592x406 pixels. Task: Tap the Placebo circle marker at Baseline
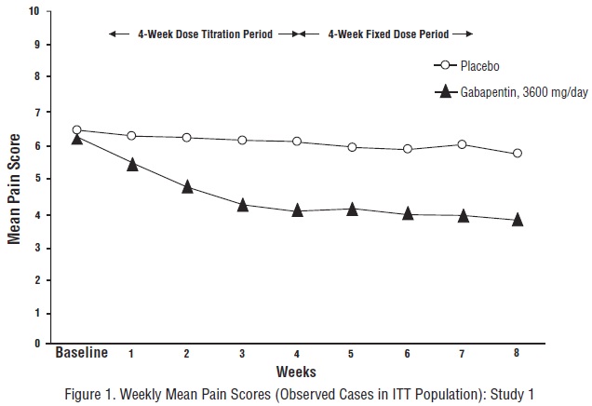coord(77,130)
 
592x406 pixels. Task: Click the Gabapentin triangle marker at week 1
coord(132,164)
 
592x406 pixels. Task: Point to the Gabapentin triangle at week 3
coord(242,204)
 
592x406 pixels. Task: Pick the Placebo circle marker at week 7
coord(463,144)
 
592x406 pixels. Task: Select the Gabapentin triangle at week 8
coord(518,220)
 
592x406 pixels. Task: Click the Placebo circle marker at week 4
coord(297,142)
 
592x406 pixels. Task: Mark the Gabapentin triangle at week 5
coord(352,209)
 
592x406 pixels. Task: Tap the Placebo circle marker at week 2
coord(187,138)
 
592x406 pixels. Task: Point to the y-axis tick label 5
coord(36,178)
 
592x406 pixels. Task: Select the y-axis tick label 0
coord(36,344)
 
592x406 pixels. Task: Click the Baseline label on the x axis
coord(82,353)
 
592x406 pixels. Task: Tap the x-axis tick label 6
coord(407,354)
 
